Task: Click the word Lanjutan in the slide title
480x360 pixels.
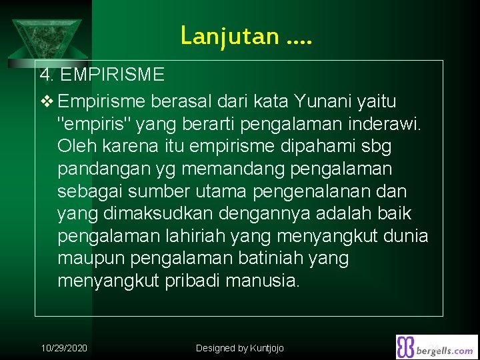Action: [229, 35]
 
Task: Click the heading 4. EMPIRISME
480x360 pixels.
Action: [101, 74]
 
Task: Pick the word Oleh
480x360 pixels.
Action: [77, 145]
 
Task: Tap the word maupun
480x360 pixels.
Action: [92, 258]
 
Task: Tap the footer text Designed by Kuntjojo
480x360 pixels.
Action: [240, 348]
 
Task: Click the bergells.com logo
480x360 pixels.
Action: [437, 347]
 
